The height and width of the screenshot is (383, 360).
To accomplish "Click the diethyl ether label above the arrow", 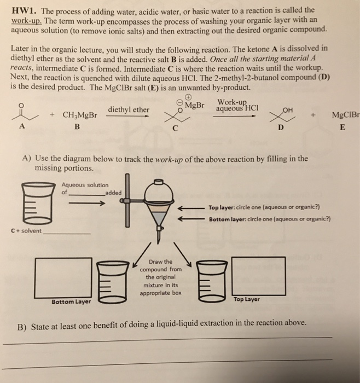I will click(x=129, y=109).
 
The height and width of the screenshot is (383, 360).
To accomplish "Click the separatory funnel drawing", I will click(x=159, y=208).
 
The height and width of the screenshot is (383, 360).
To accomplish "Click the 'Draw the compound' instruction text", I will click(x=160, y=277).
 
